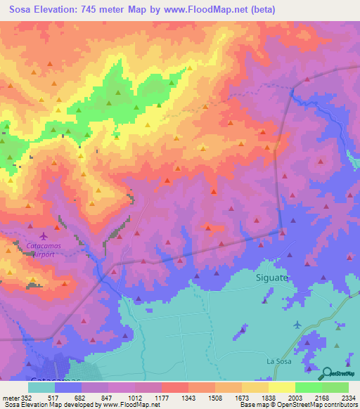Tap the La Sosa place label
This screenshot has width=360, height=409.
pos(278,361)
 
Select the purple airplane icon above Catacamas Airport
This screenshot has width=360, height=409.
pos(45,236)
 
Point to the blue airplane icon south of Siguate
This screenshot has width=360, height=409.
pos(297,324)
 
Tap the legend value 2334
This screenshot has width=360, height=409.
pos(349,397)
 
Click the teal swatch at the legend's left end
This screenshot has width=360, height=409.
pos(41,387)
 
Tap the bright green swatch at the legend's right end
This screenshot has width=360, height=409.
pos(335,387)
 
